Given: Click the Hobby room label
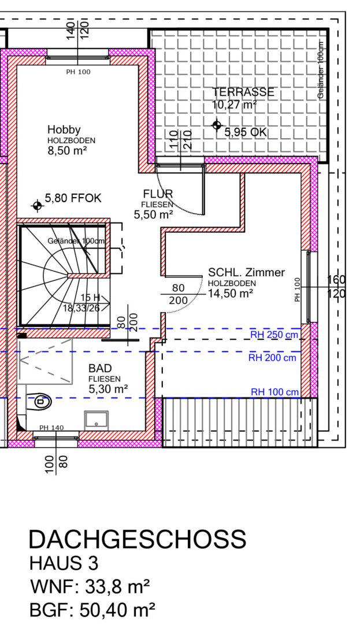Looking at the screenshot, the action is (x=64, y=130).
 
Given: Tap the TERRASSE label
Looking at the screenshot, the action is (x=243, y=92).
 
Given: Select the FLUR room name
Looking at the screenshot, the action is (x=158, y=194).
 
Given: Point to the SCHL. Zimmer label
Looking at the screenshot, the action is (x=247, y=273).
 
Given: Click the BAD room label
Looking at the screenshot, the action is (x=100, y=369).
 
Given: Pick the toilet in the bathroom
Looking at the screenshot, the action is (x=39, y=401).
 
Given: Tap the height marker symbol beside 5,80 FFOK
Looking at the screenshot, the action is (x=38, y=206).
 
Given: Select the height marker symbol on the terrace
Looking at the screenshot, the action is (x=216, y=125).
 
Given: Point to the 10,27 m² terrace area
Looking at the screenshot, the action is (x=234, y=105).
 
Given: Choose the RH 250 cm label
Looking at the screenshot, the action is (x=274, y=335).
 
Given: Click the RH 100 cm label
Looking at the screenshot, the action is (x=274, y=392).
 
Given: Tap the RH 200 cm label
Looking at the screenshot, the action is (x=273, y=358).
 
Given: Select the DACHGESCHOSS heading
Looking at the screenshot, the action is (x=138, y=540).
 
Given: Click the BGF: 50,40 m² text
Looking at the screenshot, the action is (x=92, y=610).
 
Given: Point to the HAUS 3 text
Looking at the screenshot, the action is (x=64, y=563).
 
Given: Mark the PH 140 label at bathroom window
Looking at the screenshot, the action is (x=51, y=428).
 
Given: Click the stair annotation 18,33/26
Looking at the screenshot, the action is (x=81, y=307).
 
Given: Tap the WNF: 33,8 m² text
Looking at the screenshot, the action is (x=90, y=586).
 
